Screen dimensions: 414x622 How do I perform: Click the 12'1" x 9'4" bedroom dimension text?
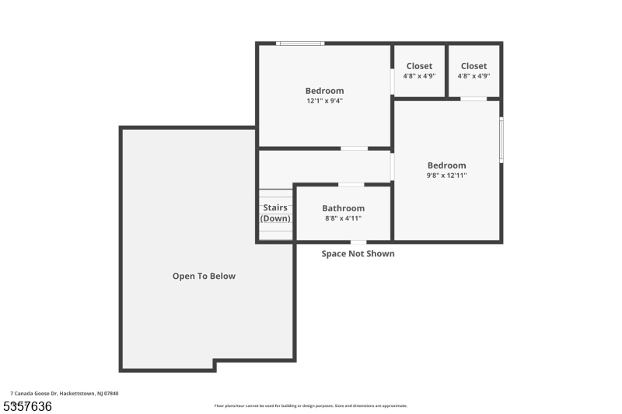pyautogui.click(x=324, y=101)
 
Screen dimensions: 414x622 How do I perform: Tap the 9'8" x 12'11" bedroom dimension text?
pyautogui.click(x=447, y=176)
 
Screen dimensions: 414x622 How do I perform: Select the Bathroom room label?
pyautogui.click(x=343, y=208)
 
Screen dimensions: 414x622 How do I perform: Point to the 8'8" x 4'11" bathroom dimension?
pyautogui.click(x=343, y=219)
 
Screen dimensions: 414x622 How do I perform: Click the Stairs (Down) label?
pyautogui.click(x=275, y=213)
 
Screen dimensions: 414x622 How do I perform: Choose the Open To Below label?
pyautogui.click(x=204, y=276)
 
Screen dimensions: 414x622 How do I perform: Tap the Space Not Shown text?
pyautogui.click(x=358, y=254)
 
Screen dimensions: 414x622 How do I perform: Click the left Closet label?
pyautogui.click(x=419, y=66)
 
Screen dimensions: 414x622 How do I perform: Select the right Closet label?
pyautogui.click(x=473, y=66)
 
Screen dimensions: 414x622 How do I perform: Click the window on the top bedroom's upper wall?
pyautogui.click(x=301, y=43)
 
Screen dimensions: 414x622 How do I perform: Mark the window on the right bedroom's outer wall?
pyautogui.click(x=501, y=140)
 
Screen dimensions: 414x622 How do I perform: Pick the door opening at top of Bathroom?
pyautogui.click(x=351, y=185)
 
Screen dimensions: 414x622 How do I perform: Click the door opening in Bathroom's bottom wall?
pyautogui.click(x=358, y=242)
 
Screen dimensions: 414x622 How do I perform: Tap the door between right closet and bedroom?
pyautogui.click(x=473, y=99)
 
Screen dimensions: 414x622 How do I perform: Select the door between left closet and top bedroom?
pyautogui.click(x=392, y=82)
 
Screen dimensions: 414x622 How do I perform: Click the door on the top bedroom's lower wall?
pyautogui.click(x=355, y=148)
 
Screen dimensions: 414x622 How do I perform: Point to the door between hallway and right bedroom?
pyautogui.click(x=393, y=166)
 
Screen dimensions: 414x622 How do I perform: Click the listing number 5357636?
pyautogui.click(x=27, y=406)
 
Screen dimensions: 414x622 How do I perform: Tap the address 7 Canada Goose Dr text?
pyautogui.click(x=64, y=394)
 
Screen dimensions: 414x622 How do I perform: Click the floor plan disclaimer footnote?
pyautogui.click(x=311, y=405)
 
